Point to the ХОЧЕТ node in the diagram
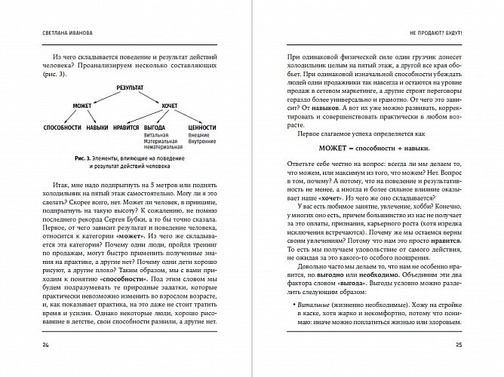click(170, 105)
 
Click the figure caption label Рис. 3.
click(83, 158)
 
